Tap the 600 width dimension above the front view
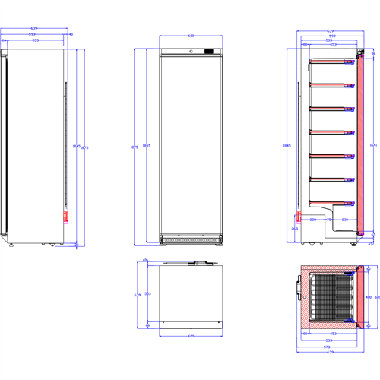tap(190, 35)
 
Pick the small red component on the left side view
tap(66, 217)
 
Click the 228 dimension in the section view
tap(313, 220)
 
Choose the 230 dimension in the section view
tap(344, 220)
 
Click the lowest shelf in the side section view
tap(331, 203)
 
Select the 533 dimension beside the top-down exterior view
tap(147, 294)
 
